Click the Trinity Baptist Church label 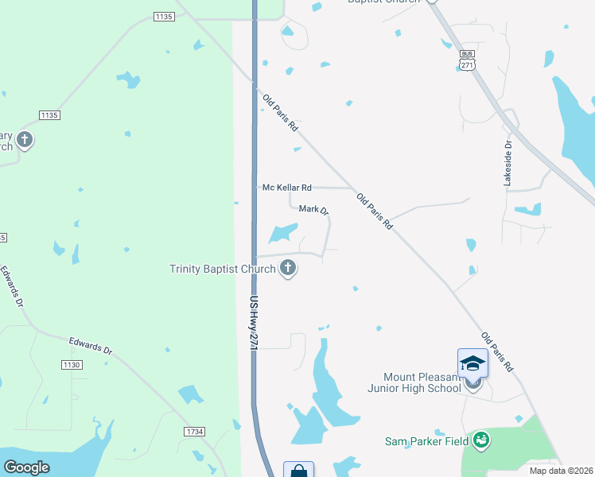pyautogui.click(x=222, y=269)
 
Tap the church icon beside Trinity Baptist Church pyautogui.click(x=288, y=269)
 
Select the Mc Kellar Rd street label pyautogui.click(x=287, y=188)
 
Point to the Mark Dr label pyautogui.click(x=313, y=210)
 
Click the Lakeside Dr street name pyautogui.click(x=507, y=164)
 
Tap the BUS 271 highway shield pyautogui.click(x=467, y=63)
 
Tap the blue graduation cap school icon pyautogui.click(x=472, y=363)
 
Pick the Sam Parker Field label pyautogui.click(x=428, y=440)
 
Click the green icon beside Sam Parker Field pyautogui.click(x=480, y=440)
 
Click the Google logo pyautogui.click(x=27, y=467)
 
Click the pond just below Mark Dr pyautogui.click(x=283, y=233)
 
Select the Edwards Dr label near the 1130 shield pyautogui.click(x=91, y=347)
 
